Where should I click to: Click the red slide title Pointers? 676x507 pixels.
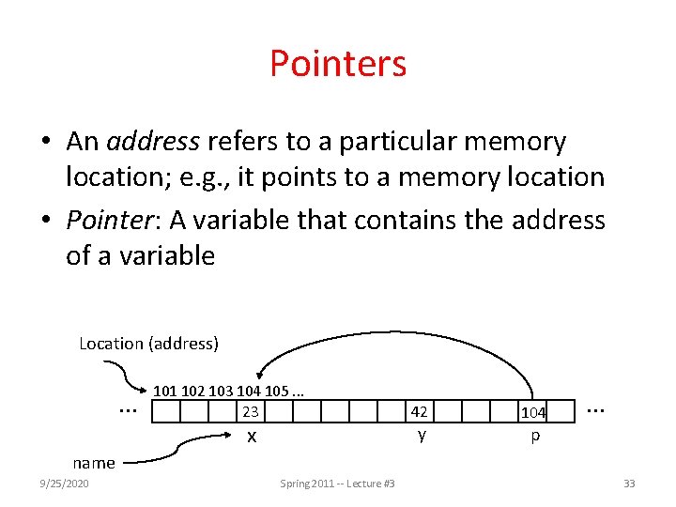(x=338, y=64)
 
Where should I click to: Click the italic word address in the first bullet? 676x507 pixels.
(x=153, y=142)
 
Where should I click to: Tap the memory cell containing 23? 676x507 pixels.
(x=250, y=411)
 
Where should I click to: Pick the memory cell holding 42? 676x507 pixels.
(x=420, y=411)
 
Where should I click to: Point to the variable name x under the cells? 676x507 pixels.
(x=251, y=437)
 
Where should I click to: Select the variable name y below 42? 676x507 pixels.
(x=422, y=435)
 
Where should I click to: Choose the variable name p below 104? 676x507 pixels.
(x=535, y=437)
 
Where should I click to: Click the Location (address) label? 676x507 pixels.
(x=148, y=344)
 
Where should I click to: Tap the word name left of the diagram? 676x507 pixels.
(x=94, y=462)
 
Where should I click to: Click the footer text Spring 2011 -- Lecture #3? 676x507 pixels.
(x=337, y=484)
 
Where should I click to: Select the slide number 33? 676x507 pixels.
(x=629, y=484)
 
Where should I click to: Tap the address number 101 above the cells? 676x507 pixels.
(x=165, y=391)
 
